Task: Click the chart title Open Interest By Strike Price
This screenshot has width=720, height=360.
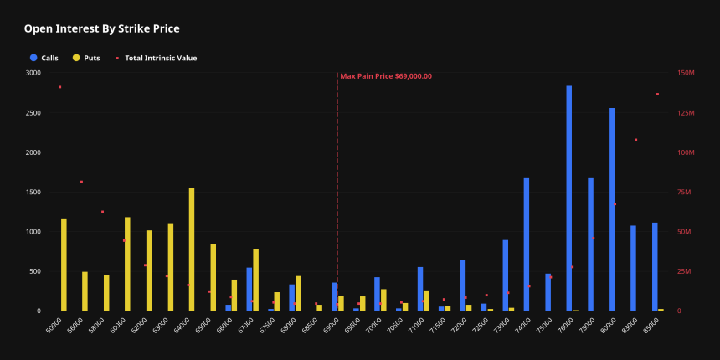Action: click(x=101, y=29)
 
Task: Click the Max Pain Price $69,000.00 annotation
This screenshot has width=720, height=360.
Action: click(x=386, y=76)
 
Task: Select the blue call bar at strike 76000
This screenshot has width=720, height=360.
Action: click(x=569, y=198)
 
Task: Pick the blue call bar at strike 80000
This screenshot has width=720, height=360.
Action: click(x=612, y=209)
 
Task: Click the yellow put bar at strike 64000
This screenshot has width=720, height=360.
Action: click(x=192, y=249)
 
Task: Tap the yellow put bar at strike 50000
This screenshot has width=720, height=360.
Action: click(x=64, y=265)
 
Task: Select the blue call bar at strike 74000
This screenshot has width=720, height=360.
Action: click(x=527, y=244)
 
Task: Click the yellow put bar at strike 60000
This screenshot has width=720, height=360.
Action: click(x=127, y=264)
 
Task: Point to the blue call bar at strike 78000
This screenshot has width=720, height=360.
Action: click(x=590, y=244)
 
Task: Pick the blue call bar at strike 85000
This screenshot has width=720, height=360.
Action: click(x=655, y=266)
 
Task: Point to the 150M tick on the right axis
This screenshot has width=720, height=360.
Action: click(x=686, y=73)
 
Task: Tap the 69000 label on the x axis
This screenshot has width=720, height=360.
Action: click(x=332, y=324)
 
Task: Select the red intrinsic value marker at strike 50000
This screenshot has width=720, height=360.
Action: click(x=60, y=87)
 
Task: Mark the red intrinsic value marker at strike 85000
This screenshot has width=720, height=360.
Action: click(x=657, y=95)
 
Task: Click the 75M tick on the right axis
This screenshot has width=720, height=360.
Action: click(x=686, y=192)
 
